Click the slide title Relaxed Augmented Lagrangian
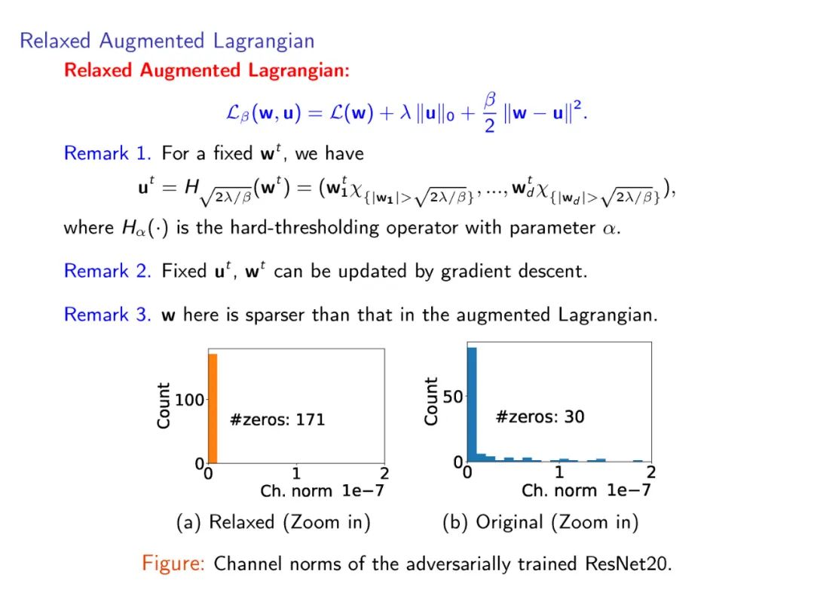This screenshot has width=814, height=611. (x=167, y=40)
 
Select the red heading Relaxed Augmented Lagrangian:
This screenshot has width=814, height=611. (x=207, y=71)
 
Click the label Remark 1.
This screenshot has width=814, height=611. (x=108, y=154)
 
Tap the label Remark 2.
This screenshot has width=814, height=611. (x=108, y=271)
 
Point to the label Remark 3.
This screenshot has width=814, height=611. (x=108, y=314)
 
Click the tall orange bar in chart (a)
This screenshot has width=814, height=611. (x=213, y=407)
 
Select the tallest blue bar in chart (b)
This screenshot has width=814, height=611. (x=472, y=404)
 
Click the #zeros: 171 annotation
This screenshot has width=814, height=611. (x=277, y=419)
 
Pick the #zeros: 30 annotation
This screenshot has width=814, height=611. (x=540, y=416)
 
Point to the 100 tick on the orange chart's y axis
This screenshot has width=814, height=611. (x=189, y=399)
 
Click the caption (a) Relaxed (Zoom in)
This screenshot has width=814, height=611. (x=273, y=522)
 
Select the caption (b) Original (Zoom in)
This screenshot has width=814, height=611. (x=540, y=522)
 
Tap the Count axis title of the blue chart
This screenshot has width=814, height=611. (x=431, y=401)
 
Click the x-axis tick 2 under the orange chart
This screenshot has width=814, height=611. (x=384, y=474)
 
